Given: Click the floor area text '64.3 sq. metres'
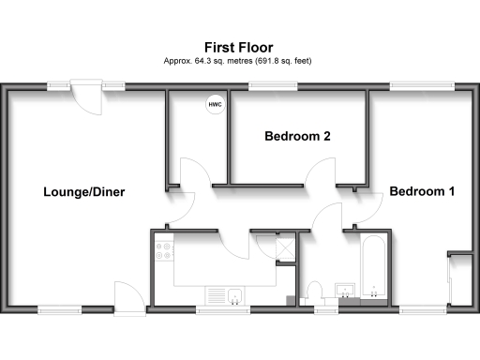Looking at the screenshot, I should click(x=215, y=61).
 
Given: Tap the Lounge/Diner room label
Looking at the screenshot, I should click(x=84, y=192).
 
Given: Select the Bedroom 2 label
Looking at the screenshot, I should click(x=297, y=137).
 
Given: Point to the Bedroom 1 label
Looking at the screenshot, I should click(x=422, y=192).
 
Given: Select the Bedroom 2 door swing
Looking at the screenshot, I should click(x=321, y=172).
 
